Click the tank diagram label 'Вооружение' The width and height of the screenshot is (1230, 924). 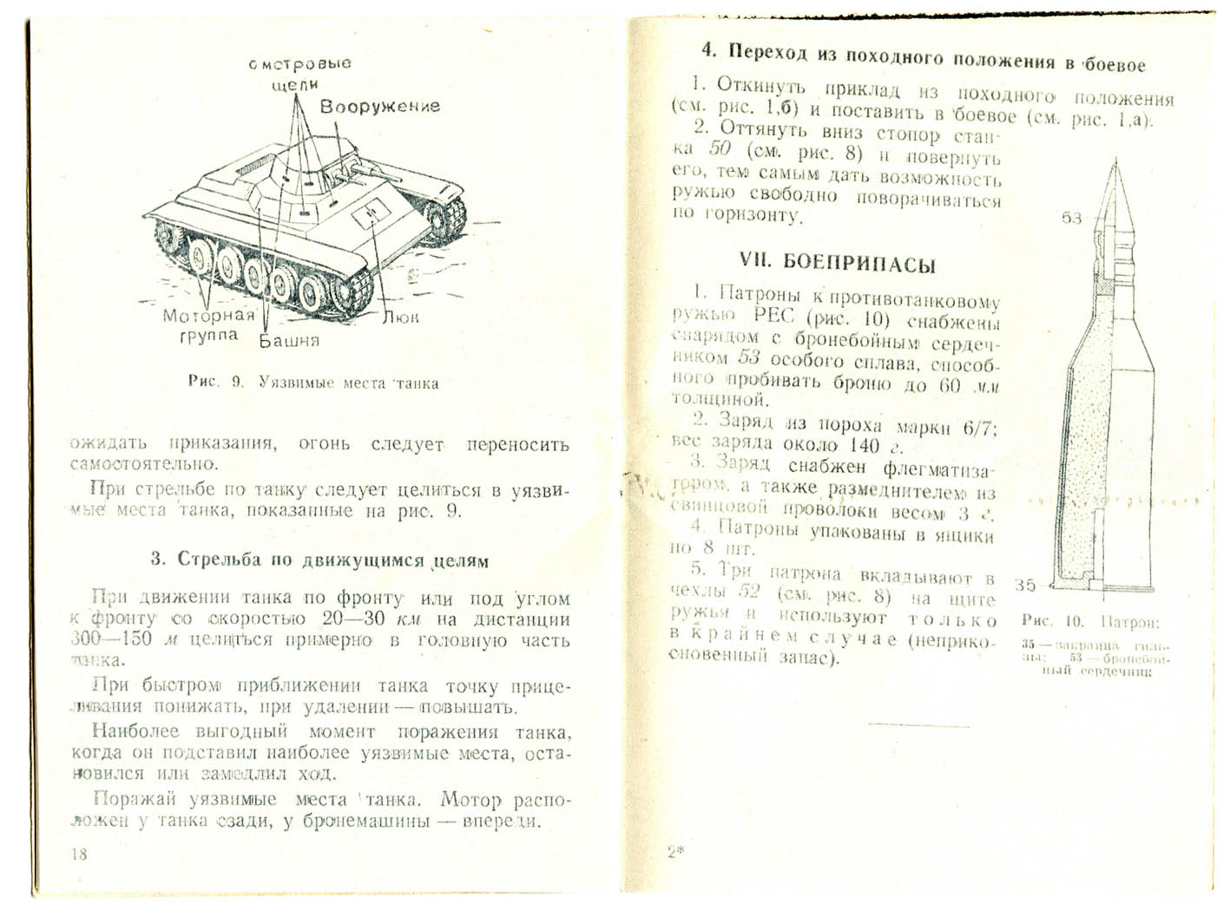[379, 107]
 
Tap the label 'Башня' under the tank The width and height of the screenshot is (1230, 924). [290, 340]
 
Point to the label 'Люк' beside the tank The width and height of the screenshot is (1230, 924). [401, 318]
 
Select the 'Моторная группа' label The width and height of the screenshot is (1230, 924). [209, 324]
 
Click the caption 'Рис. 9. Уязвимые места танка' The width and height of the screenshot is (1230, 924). [312, 383]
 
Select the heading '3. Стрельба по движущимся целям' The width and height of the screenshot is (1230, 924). [319, 560]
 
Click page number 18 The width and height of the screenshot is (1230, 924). [79, 854]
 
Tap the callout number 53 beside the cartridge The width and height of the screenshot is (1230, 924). [1072, 218]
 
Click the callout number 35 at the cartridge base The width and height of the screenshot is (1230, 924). [1025, 585]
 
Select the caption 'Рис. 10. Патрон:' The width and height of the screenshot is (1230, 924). [1090, 622]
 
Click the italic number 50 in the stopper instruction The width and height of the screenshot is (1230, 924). [720, 148]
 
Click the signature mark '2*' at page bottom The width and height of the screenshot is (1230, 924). [676, 852]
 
